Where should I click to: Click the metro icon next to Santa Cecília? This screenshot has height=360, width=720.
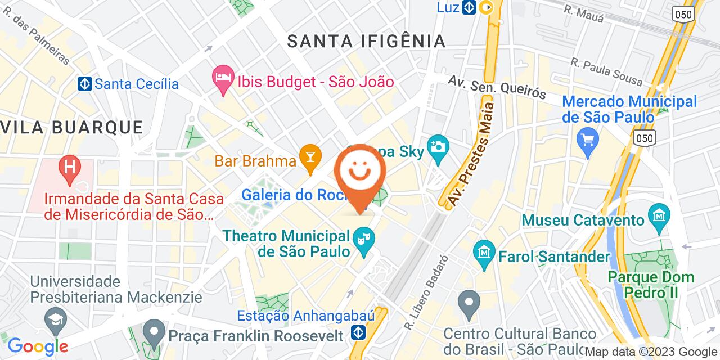(x=85, y=84)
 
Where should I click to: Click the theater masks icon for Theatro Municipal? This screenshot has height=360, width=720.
(x=364, y=240)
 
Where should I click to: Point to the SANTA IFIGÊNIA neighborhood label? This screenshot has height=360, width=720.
(x=366, y=41)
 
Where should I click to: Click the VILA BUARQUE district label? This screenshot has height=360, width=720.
(x=71, y=127)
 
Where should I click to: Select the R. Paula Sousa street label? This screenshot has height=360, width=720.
(x=606, y=72)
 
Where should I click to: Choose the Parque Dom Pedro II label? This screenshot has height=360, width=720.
(x=650, y=285)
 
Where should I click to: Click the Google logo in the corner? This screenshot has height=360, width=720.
(x=38, y=346)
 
